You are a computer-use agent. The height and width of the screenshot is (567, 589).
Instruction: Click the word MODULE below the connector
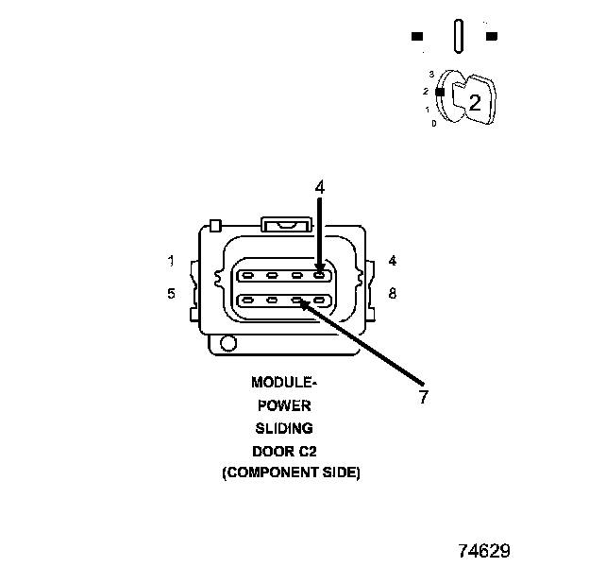pos(281,383)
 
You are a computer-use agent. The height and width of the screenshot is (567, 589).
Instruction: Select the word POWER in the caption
pos(283,405)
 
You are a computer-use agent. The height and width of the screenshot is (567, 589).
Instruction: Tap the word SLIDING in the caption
pos(282,428)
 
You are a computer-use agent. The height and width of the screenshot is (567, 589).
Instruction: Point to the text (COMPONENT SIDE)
pos(291,472)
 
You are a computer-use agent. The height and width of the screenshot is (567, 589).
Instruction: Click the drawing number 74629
pos(484,550)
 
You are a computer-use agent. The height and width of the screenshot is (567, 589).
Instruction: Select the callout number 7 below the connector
pos(424,398)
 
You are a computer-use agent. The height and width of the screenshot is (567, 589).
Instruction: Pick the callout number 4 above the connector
pos(320,188)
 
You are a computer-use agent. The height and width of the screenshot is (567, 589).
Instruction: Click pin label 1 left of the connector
pos(171,261)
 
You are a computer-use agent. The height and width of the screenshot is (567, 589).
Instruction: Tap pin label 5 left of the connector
pos(171,294)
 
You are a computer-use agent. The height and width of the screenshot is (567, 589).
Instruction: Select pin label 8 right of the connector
pos(392,294)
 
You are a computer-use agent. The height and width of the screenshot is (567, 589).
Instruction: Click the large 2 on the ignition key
pos(475,103)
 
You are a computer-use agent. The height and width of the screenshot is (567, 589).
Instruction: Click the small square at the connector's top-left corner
pos(216,225)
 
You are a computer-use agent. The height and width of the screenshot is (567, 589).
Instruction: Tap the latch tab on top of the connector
pos(286,224)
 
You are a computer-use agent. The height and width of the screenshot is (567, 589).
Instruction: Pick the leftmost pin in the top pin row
pos(246,277)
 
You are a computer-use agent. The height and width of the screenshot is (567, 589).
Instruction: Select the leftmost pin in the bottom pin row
pos(246,301)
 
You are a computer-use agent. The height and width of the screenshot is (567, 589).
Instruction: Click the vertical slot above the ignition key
pos(457,38)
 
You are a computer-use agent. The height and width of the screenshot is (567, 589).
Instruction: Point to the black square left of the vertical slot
pos(417,37)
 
